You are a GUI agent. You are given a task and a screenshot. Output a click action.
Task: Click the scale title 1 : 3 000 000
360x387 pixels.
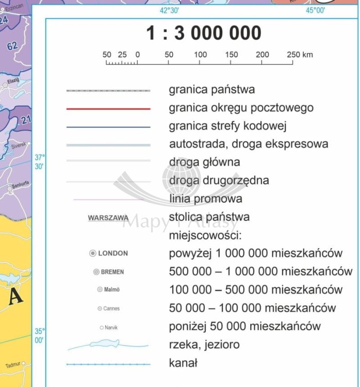[204, 34]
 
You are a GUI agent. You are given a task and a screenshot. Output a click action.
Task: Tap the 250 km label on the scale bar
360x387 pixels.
[300, 54]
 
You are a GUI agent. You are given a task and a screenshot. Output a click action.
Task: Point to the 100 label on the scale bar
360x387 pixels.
[200, 54]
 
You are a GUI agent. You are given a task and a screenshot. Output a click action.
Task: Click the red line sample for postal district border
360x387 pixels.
[108, 109]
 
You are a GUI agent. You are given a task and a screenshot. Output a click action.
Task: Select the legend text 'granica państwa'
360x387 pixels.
[211, 90]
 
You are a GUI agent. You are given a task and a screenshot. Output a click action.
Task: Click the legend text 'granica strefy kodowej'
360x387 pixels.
[227, 126]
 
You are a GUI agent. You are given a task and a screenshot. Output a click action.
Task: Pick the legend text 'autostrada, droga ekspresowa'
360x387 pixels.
[249, 144]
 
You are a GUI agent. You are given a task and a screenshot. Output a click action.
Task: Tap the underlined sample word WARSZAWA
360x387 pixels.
[108, 218]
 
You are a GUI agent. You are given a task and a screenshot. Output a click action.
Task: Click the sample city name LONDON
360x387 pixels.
[113, 253]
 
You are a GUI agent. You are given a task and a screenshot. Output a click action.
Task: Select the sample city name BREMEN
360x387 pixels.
[112, 272]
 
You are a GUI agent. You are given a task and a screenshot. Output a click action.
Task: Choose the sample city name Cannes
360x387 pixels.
[111, 309]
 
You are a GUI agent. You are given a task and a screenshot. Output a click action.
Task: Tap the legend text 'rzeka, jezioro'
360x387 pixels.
[204, 345]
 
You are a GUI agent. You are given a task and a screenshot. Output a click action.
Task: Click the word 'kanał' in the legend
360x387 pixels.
[183, 363]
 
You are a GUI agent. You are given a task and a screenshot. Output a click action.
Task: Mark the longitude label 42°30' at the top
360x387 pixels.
[169, 10]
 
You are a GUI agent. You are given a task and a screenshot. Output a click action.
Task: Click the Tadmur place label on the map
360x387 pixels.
[12, 365]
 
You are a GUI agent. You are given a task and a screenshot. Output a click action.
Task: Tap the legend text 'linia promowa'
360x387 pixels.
[205, 199]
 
